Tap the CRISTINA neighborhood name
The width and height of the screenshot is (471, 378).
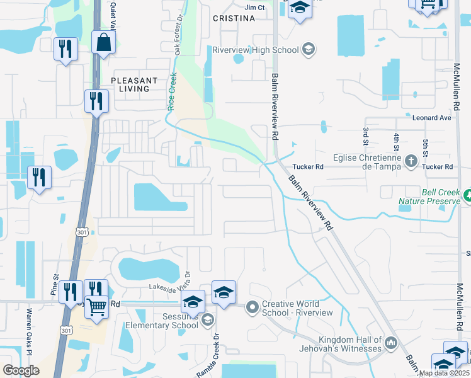pos(233,19)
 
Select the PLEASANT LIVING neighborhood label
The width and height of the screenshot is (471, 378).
pos(134,84)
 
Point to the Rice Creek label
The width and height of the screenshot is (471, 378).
pos(171,91)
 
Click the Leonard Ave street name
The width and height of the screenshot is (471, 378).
pos(432,118)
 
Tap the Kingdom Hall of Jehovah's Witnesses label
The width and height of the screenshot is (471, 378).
pos(350,344)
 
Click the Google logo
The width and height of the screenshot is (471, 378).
pos(21,370)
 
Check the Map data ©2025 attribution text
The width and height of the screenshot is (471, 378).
pos(444,373)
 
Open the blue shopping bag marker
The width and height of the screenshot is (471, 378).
pos(103,43)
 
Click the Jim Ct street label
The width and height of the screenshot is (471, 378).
pos(254,8)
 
